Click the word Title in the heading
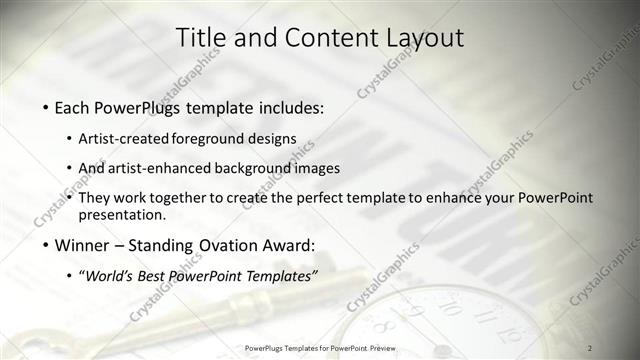[x=200, y=37]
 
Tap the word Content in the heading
[x=326, y=37]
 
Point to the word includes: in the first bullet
[x=293, y=106]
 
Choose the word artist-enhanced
[x=166, y=168]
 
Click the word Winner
[x=85, y=245]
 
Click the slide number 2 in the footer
[x=590, y=347]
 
